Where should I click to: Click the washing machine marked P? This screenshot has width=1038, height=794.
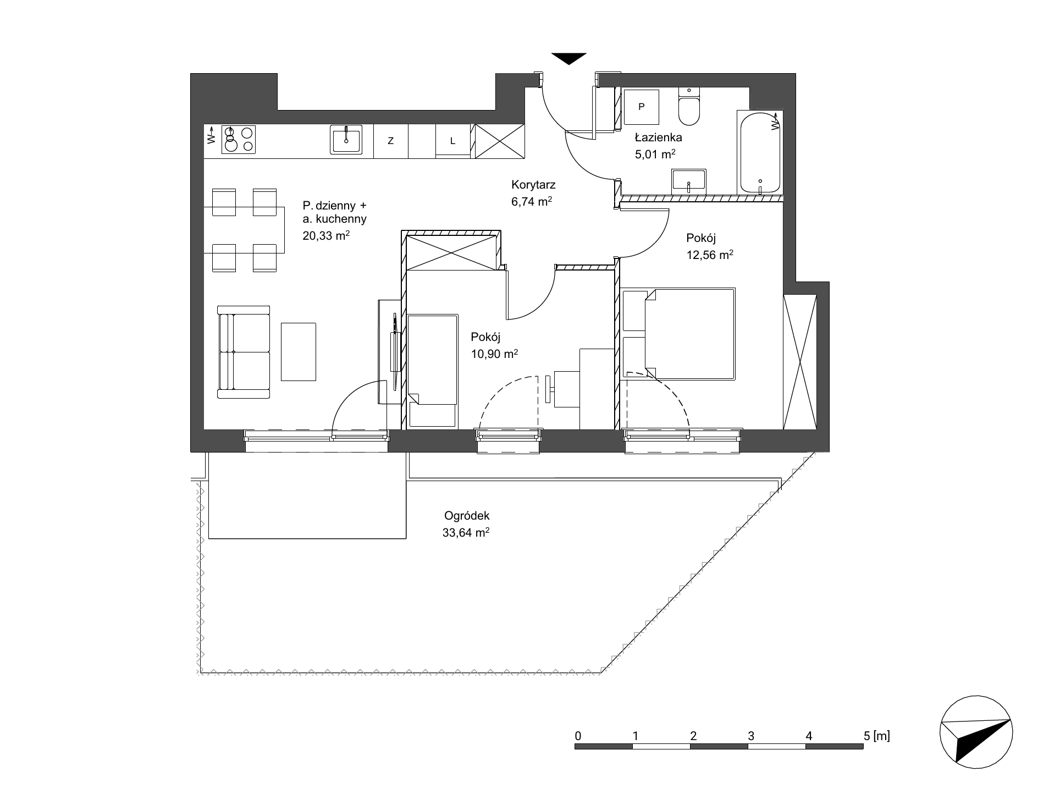point(641,107)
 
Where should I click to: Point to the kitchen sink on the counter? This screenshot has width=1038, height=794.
point(346,139)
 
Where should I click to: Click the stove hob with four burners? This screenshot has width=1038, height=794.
point(239,139)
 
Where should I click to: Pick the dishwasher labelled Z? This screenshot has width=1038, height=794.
point(391,141)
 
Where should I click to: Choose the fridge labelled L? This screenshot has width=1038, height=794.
point(453,141)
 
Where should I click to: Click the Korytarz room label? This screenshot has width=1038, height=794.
point(533,185)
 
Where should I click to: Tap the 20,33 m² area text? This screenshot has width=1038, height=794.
point(326,236)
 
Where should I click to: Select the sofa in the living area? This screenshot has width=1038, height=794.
point(244,352)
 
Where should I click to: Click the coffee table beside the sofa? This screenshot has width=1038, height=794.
point(299,352)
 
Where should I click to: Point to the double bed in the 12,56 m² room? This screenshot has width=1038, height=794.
point(680,334)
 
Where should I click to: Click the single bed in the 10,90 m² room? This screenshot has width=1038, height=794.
point(432,371)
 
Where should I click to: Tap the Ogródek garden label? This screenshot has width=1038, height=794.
point(467,516)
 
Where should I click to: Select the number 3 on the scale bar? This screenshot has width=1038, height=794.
point(751,736)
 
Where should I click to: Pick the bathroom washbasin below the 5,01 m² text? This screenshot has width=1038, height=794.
point(688,181)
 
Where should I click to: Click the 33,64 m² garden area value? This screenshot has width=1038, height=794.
point(466,533)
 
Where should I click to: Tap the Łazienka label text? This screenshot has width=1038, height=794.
point(658,138)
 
